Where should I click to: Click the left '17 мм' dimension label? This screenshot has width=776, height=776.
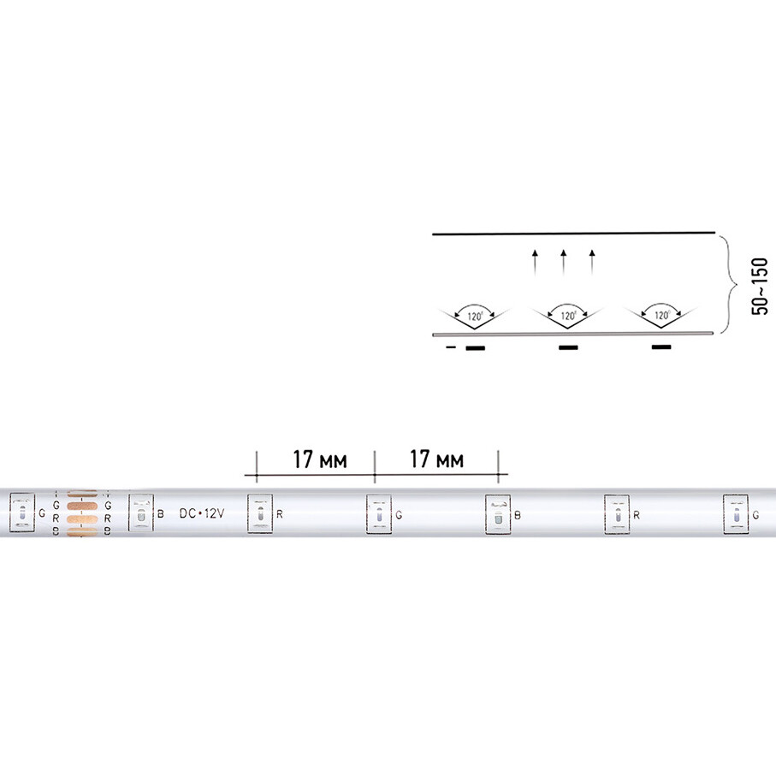pyautogui.click(x=319, y=459)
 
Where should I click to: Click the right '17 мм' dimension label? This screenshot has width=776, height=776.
pyautogui.click(x=437, y=459)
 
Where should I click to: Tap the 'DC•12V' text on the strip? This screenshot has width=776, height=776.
pyautogui.click(x=201, y=513)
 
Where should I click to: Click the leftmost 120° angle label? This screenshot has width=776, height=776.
pyautogui.click(x=475, y=316)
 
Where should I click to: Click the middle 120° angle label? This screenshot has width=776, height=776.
pyautogui.click(x=567, y=316)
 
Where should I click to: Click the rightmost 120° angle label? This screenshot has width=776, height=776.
pyautogui.click(x=660, y=316)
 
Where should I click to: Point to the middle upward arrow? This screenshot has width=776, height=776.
pyautogui.click(x=563, y=260)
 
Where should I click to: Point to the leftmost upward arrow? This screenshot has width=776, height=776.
pyautogui.click(x=535, y=260)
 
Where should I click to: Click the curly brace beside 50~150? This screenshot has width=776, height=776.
pyautogui.click(x=728, y=284)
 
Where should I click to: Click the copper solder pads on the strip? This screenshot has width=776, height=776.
pyautogui.click(x=83, y=515)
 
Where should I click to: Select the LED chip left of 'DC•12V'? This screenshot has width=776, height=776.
pyautogui.click(x=139, y=514)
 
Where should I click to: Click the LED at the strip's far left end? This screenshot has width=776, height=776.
pyautogui.click(x=21, y=514)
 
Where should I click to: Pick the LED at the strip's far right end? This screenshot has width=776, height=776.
pyautogui.click(x=735, y=514)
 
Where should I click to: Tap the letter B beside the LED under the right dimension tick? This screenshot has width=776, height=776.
pyautogui.click(x=516, y=515)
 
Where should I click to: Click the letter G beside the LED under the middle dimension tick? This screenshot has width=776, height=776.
pyautogui.click(x=398, y=515)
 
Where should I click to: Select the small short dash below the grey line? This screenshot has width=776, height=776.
pyautogui.click(x=450, y=348)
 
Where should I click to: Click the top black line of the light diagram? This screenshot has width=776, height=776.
pyautogui.click(x=573, y=233)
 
